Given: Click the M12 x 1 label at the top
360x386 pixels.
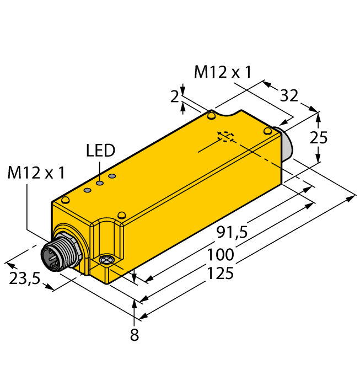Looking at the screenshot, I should click(223, 72).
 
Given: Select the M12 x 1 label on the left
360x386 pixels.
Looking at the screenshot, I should click(36, 173).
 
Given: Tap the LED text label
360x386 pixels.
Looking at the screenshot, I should click(100, 150).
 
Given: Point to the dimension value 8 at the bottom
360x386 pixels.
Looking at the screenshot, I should click(135, 335).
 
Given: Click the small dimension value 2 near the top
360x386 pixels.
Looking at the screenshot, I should click(175, 97).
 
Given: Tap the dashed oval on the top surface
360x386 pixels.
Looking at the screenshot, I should click(225, 136).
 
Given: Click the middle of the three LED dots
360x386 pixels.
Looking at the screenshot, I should click(100, 183).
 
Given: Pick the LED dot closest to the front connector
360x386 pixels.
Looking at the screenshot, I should click(87, 190).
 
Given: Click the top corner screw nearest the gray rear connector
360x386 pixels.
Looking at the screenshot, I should click(267, 131).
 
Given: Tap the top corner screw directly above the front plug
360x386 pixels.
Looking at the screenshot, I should click(66, 199).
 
